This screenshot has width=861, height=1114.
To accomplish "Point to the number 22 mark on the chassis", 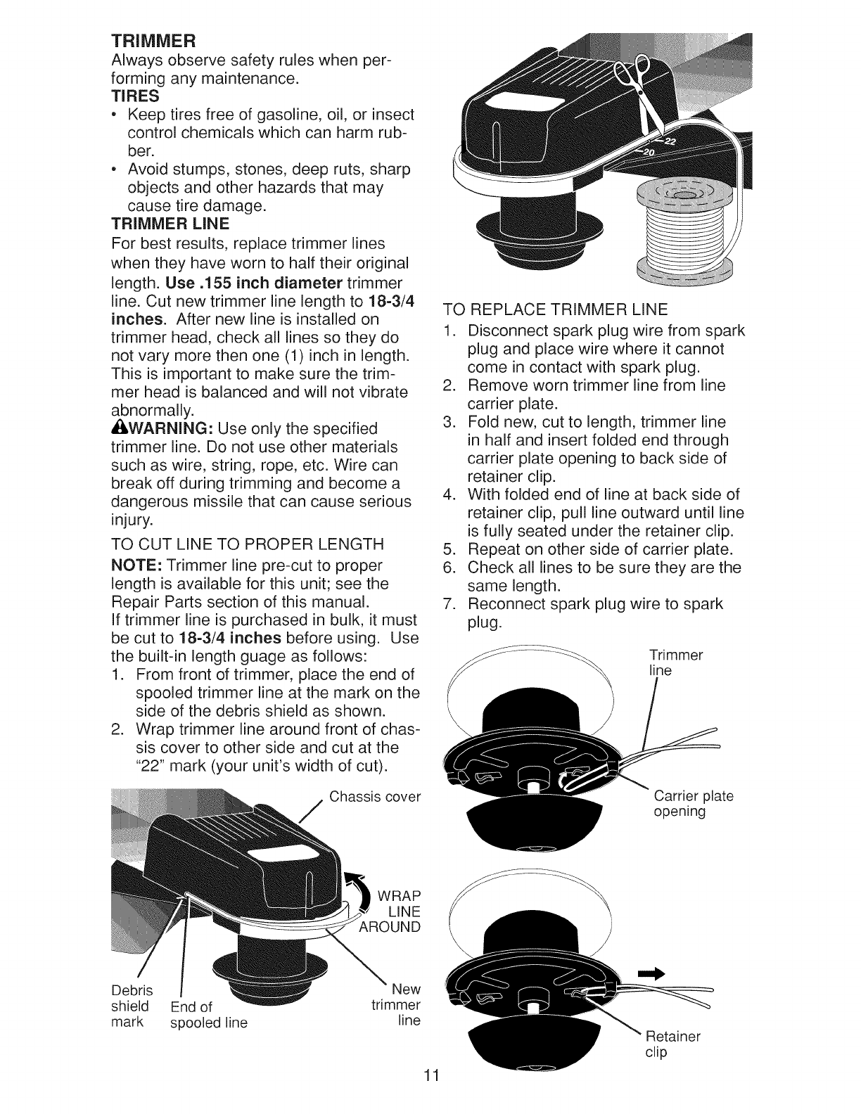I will click(x=669, y=141).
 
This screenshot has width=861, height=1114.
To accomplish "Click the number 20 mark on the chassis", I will click(x=646, y=153).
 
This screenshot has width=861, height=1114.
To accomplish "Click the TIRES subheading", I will click(x=135, y=95).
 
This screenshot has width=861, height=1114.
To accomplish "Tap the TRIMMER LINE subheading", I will click(x=171, y=224).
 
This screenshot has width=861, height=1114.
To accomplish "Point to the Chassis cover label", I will click(x=374, y=797).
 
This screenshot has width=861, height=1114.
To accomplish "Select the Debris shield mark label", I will click(x=129, y=1006).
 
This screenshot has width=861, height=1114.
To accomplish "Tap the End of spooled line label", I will click(x=209, y=1014).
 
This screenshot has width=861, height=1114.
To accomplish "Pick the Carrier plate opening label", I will click(x=693, y=804).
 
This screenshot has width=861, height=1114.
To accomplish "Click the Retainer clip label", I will click(x=672, y=1044).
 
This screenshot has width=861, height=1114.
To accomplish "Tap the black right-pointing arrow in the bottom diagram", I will click(x=651, y=973).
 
